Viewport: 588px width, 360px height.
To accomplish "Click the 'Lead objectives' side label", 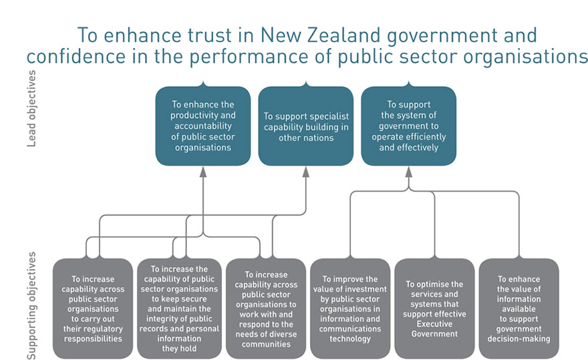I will point(31,116).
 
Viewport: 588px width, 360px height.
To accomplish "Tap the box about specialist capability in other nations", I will point(306,125).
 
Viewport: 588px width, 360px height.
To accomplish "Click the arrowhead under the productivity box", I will point(203,172).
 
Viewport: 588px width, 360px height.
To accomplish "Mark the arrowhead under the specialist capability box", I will point(306,172).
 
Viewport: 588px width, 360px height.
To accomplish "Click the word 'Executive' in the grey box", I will point(434,323).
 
